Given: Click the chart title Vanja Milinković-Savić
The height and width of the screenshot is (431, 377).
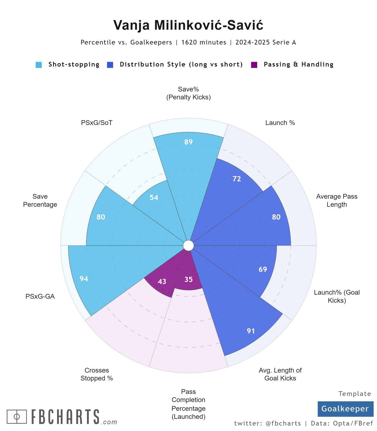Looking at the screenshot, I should [188, 25].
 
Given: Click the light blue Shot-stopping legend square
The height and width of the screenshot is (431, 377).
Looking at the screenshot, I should [39, 65].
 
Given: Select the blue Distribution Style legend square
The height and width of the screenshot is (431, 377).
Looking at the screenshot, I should [110, 65].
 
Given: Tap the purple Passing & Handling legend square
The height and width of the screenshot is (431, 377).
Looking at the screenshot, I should [254, 65].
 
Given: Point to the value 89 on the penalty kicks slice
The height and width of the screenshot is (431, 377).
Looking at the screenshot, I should [189, 142].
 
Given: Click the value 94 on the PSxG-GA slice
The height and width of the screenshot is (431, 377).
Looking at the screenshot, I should [84, 279].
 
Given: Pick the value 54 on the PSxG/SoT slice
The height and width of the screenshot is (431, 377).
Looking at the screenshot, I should [154, 198].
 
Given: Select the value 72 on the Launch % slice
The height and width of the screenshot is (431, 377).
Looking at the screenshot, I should [237, 179].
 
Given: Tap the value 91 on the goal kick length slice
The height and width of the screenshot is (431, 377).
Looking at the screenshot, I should [251, 331].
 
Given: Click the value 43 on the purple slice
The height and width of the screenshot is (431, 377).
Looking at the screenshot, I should [162, 281].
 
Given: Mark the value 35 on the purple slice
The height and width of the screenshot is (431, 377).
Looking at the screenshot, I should [189, 279].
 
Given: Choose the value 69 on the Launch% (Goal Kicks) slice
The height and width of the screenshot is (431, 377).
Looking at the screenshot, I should [263, 269].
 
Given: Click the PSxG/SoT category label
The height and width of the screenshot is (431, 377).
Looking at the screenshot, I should [97, 123].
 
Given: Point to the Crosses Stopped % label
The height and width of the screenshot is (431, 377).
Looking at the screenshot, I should [97, 374].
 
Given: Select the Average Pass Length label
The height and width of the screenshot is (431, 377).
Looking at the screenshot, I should [337, 200].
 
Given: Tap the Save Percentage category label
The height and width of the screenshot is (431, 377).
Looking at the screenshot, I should [40, 200].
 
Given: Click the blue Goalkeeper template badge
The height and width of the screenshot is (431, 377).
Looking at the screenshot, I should [345, 409].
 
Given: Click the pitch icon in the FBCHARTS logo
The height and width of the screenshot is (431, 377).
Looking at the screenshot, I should [17, 417].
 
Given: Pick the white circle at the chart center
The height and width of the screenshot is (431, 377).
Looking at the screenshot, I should [189, 246].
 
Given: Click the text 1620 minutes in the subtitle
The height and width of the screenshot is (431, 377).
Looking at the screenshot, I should [204, 42].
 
